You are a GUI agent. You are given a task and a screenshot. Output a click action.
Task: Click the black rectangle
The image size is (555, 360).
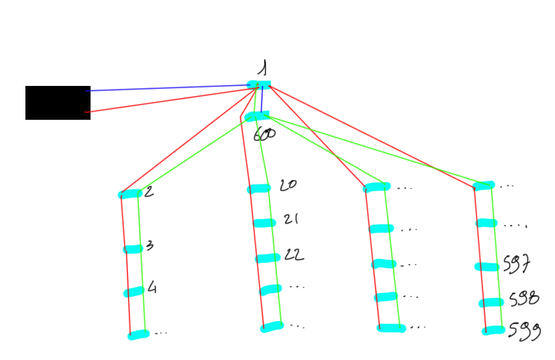click(57, 103)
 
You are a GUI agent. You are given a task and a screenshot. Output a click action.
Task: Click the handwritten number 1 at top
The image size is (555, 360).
click(262, 68)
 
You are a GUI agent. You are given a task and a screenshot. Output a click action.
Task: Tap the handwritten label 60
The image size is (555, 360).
click(264, 134)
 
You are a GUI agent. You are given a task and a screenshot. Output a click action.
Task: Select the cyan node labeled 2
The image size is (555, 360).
click(130, 194)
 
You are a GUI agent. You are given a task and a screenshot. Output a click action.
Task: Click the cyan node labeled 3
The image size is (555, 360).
click(132, 249)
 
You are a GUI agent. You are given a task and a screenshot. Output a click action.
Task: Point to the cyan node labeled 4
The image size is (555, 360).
click(134, 292)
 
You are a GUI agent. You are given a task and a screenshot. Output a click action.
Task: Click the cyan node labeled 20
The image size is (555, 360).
click(259, 189)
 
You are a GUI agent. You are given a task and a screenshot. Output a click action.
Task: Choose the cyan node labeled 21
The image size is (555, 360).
click(264, 223)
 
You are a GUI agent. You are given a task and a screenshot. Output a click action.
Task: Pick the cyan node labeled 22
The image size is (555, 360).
click(267, 258)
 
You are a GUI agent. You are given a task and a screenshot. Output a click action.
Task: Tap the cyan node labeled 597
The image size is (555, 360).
click(487, 266)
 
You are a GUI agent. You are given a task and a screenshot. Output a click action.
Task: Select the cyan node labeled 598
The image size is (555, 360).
click(491, 302)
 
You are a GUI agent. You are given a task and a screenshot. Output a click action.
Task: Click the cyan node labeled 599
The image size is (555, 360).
click(493, 331)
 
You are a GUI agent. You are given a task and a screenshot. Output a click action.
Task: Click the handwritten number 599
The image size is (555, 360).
click(524, 331)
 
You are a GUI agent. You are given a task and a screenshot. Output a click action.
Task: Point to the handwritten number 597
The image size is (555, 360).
click(518, 264)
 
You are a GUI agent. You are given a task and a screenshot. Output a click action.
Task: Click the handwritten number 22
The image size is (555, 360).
click(294, 255)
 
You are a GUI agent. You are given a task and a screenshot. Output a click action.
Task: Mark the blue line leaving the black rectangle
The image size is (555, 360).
click(169, 88)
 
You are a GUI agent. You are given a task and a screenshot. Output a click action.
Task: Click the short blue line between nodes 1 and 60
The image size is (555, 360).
click(261, 101)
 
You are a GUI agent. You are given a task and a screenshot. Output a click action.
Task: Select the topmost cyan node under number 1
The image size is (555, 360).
click(259, 85)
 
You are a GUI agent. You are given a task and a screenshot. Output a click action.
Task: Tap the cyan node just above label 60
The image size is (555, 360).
click(257, 116)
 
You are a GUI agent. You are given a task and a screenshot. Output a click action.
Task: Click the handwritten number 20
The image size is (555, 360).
click(287, 185)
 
